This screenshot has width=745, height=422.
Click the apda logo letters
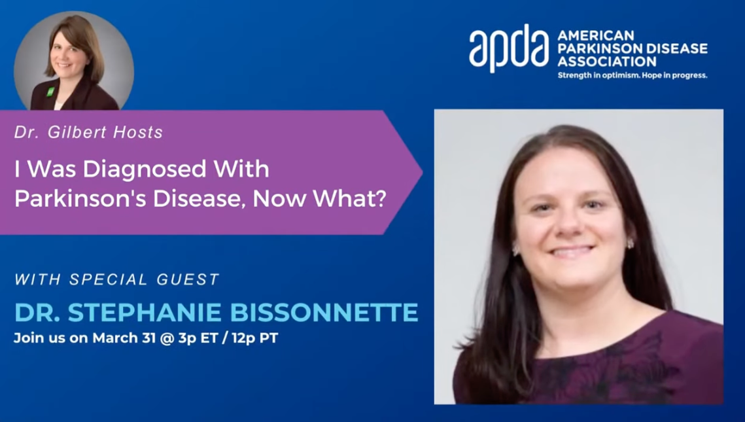(509, 48)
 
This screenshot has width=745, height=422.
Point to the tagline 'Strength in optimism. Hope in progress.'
(632, 75)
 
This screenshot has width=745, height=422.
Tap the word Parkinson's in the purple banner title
(80, 198)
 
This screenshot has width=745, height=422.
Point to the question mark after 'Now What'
(378, 198)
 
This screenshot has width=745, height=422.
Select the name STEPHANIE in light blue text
(145, 312)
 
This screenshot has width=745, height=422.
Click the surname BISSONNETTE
(324, 312)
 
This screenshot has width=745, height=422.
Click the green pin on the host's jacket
(50, 91)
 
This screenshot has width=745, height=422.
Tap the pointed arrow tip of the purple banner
(422, 172)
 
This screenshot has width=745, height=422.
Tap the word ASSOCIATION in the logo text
(607, 62)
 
